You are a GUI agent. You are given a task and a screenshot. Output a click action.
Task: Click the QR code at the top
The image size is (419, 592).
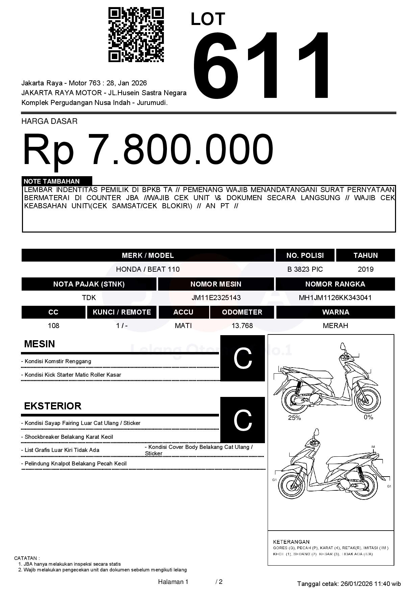[136, 35]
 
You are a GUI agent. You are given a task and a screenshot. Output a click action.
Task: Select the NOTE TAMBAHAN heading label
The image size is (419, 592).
[52, 181]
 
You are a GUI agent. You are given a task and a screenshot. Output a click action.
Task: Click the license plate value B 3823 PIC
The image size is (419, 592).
[305, 269]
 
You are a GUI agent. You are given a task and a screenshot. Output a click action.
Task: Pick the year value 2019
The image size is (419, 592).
[365, 269]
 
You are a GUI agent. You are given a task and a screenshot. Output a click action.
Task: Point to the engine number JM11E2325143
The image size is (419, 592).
[216, 298]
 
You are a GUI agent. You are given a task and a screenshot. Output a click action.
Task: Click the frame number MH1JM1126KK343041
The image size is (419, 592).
[335, 298]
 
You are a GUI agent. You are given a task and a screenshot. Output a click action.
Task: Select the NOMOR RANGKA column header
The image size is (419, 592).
[335, 284]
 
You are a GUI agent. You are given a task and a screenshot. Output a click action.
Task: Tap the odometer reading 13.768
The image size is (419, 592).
[242, 326]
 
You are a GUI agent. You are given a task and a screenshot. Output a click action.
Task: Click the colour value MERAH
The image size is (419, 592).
[335, 326]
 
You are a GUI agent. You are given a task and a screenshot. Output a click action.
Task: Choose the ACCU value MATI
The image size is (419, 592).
[183, 326]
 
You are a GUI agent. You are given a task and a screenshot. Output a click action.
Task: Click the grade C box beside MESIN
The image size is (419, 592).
[243, 358]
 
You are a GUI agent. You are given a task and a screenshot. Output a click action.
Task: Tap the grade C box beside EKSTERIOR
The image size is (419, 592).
[243, 420]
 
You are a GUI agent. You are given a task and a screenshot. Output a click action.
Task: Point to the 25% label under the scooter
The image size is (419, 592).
[294, 418]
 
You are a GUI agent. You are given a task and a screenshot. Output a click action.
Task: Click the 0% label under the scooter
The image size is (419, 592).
[368, 417]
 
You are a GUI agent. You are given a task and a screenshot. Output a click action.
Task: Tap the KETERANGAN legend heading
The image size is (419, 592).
[291, 542]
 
